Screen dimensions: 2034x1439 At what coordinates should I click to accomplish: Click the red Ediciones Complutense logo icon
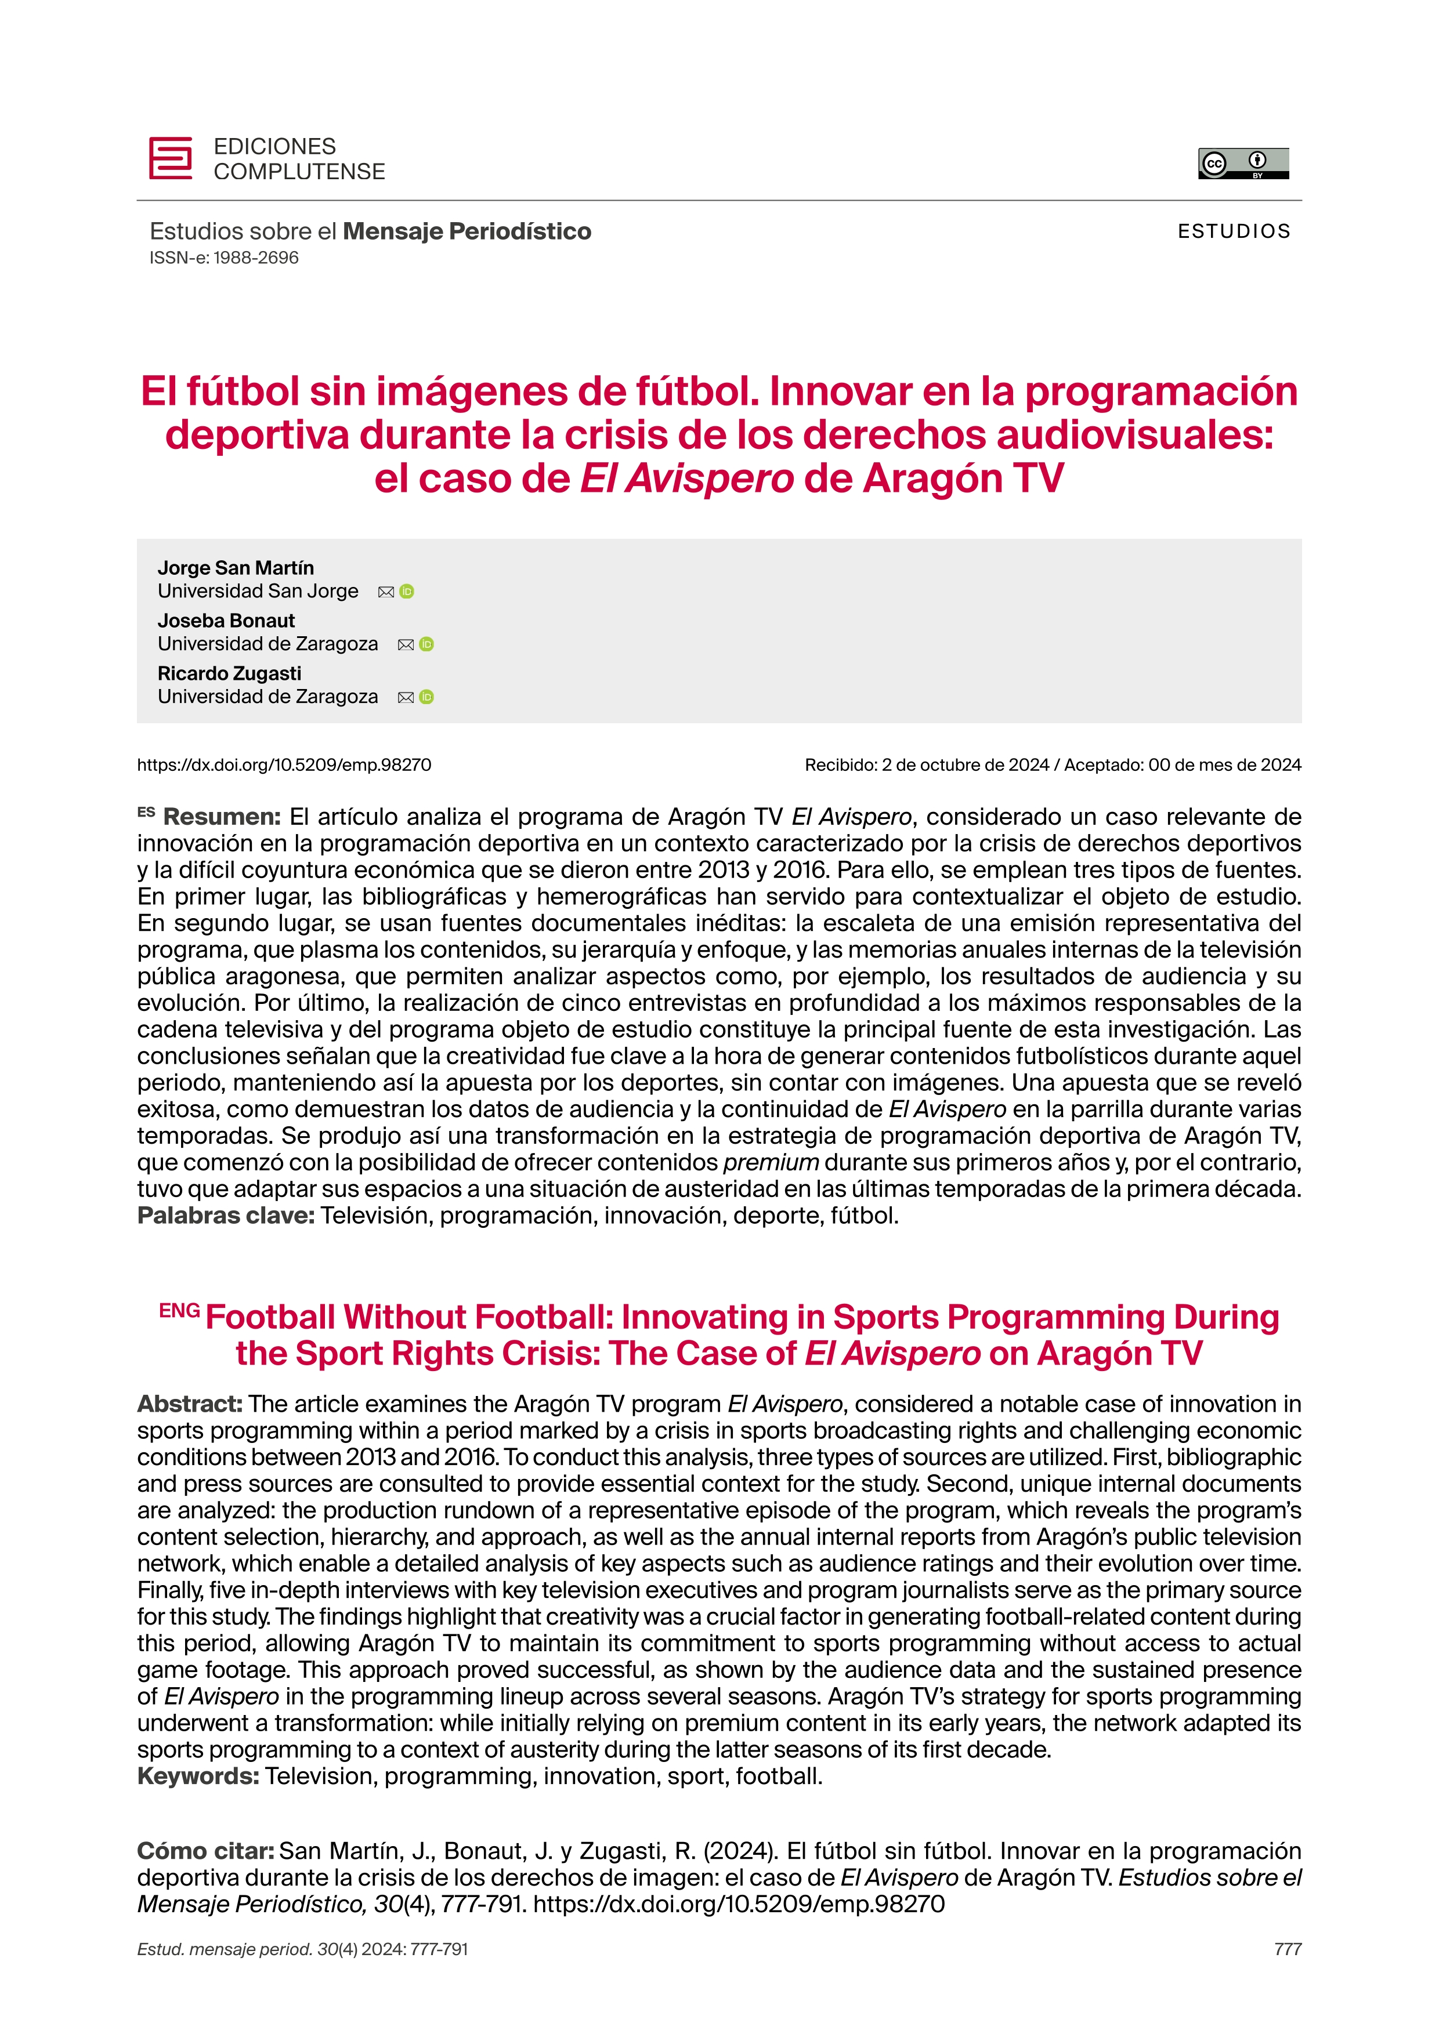click(x=170, y=158)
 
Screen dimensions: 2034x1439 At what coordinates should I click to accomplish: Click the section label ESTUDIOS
click(x=1234, y=231)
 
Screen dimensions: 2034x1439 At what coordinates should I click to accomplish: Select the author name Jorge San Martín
click(x=236, y=568)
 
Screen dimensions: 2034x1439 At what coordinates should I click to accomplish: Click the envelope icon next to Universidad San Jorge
click(x=385, y=592)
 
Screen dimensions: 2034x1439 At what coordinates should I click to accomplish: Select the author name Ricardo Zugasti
click(x=230, y=673)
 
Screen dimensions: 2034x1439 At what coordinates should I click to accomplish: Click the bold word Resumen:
click(x=222, y=817)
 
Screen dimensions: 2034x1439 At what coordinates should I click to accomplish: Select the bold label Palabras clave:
click(x=226, y=1216)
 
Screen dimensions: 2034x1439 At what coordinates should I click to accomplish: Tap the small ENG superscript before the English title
click(x=179, y=1310)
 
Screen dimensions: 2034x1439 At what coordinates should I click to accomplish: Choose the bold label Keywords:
click(x=198, y=1776)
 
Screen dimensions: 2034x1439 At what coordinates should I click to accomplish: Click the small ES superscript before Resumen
click(x=146, y=811)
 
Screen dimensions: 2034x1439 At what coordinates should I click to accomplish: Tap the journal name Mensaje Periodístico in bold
click(x=467, y=231)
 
